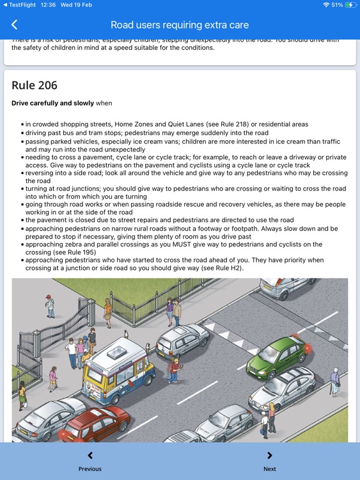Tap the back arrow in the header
pos(14,25)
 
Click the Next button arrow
pos(269,456)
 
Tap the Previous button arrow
pos(90,456)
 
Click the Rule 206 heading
pos(35,85)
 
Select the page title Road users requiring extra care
pos(180,25)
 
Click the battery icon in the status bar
pos(350,4)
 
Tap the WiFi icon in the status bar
pos(326,4)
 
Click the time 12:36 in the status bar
pos(66,4)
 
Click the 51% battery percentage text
pos(337,4)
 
